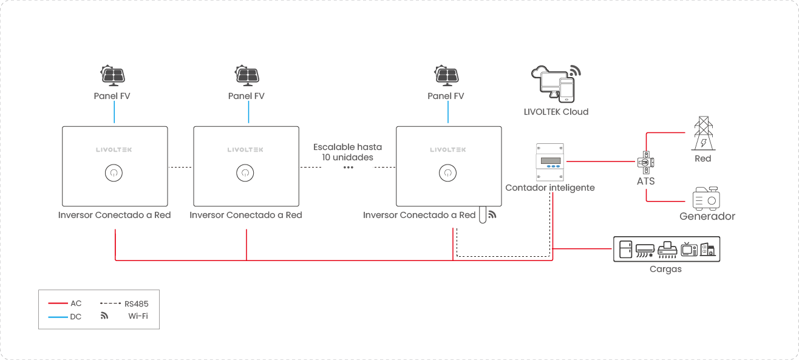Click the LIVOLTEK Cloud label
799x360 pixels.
[x=556, y=112]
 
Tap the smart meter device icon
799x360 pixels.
[x=550, y=161]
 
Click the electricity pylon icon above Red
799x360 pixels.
[x=703, y=134]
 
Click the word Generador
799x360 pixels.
[x=707, y=216]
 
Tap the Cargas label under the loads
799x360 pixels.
[x=665, y=269]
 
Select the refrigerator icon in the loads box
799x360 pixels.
[x=625, y=250]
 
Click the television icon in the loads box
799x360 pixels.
[x=688, y=250]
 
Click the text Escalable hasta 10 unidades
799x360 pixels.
[x=347, y=152]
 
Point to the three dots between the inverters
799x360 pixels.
[x=348, y=167]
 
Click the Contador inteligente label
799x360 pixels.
[x=550, y=188]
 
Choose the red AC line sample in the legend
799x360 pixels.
[x=57, y=303]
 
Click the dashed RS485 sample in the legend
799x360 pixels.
[x=110, y=303]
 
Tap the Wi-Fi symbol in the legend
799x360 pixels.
[x=104, y=316]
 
